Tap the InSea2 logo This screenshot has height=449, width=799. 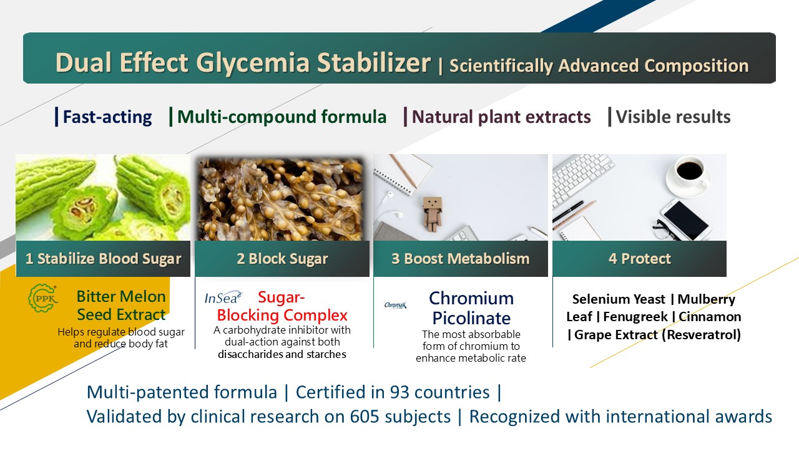tap(223, 298)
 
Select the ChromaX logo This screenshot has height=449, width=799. tap(395, 305)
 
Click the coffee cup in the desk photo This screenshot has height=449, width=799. tap(688, 173)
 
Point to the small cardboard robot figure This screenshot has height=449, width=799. tap(433, 214)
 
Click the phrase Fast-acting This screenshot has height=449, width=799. tap(107, 117)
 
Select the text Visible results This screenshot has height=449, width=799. tap(673, 117)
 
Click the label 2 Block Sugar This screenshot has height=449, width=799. tap(282, 259)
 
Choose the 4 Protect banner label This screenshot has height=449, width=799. tap(640, 259)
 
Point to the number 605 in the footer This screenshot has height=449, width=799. tap(364, 417)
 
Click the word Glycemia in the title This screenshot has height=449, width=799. tap(252, 62)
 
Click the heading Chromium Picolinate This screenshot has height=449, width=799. tap(471, 308)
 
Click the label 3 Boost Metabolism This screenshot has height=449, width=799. tap(461, 259)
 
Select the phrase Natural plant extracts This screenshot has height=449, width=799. tap(501, 117)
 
